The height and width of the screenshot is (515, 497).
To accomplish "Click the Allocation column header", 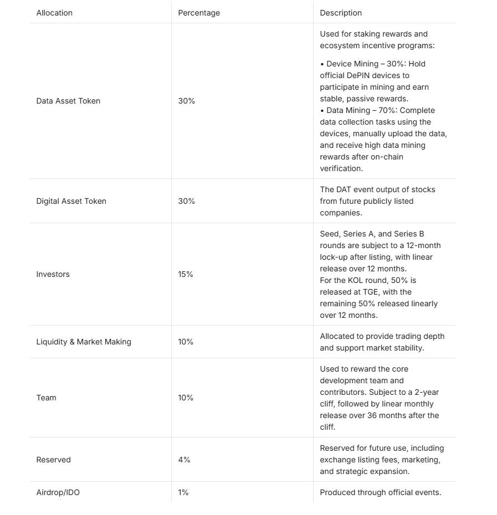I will [x=54, y=13].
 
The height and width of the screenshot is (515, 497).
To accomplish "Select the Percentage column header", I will [x=199, y=13].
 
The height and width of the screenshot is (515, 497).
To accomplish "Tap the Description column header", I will [x=341, y=13].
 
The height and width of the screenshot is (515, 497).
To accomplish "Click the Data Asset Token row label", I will [x=68, y=101].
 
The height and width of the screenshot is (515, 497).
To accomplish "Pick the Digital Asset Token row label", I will [x=71, y=201].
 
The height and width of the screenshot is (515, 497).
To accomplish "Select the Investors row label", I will [x=53, y=274].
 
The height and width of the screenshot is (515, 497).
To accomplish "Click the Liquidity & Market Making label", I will [x=84, y=342].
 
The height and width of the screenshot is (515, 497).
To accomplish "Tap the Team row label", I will [x=46, y=398].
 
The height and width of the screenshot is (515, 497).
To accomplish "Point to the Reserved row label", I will [x=53, y=460].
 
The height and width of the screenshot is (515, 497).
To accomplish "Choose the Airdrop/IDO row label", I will [x=58, y=492].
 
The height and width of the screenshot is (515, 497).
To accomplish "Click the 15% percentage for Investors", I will [x=186, y=274].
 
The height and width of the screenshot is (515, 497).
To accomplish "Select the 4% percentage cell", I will [x=184, y=460].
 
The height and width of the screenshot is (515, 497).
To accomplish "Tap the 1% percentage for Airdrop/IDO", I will [x=183, y=492].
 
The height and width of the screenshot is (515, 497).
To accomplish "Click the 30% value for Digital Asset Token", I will [x=186, y=201].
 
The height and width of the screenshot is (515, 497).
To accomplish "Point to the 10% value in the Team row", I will [x=186, y=398].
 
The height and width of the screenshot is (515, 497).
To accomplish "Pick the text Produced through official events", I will [x=380, y=492].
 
